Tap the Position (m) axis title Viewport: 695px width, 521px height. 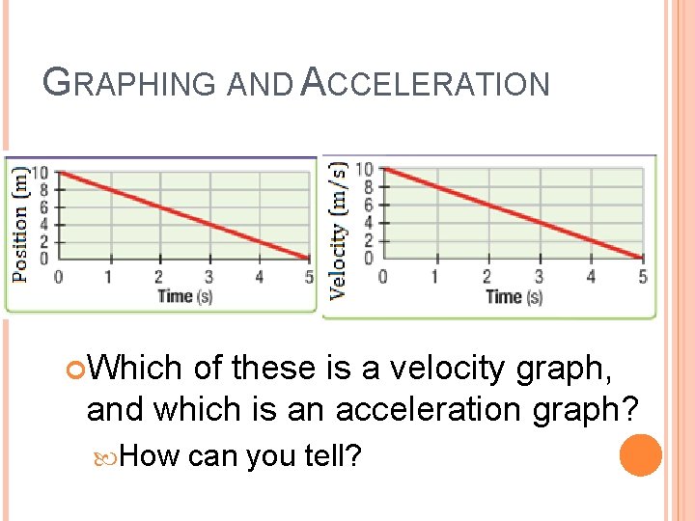coord(20,224)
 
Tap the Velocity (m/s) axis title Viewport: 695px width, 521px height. coord(339,229)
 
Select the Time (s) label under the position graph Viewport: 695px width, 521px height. coord(184,295)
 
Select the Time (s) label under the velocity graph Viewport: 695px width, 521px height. coord(514,296)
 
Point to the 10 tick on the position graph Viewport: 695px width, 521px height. coord(41,173)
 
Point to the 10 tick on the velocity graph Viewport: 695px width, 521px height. coord(364,170)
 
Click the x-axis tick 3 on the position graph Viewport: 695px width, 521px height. coord(208,278)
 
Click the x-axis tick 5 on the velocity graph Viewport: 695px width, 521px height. coord(642,278)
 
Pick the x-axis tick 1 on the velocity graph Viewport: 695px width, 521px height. coord(434,278)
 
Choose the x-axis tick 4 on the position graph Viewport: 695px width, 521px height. coord(259,278)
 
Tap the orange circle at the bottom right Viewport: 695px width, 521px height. coord(641,455)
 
